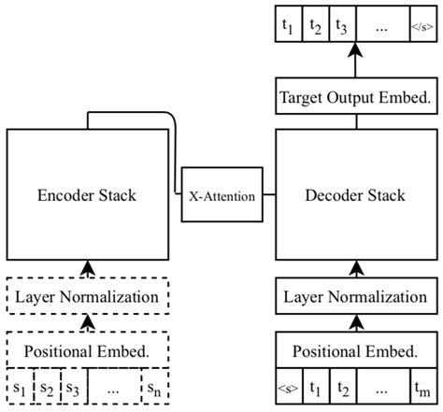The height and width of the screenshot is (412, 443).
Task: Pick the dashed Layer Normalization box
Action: coord(87,297)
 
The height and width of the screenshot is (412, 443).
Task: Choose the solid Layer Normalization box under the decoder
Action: coord(354,299)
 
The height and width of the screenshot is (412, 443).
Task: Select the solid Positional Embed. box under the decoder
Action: coord(354,352)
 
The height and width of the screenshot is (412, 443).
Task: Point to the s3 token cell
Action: coord(72,387)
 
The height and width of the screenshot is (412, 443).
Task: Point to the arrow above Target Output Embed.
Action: coord(354,64)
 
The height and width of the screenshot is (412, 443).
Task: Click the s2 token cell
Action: coord(46,387)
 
